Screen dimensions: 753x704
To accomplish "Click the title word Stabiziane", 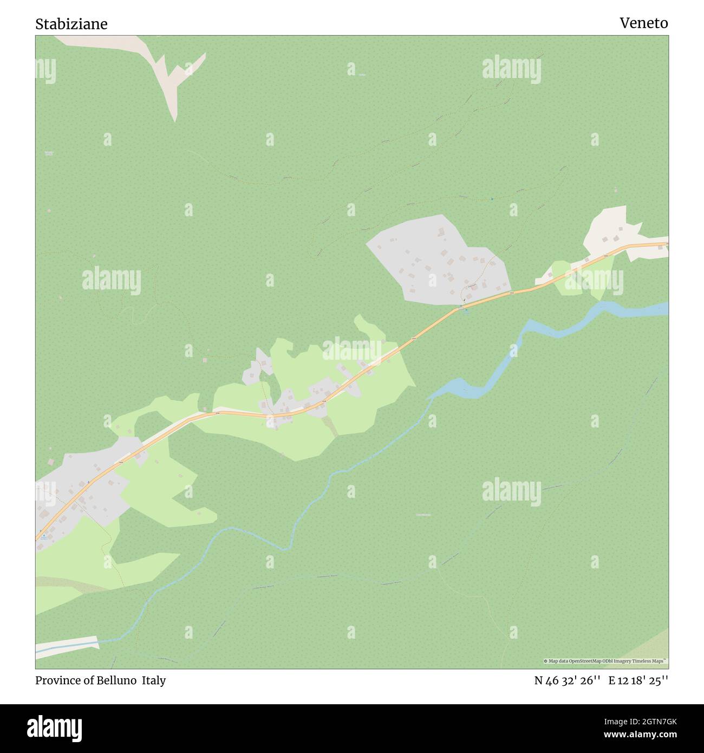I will coord(71,24).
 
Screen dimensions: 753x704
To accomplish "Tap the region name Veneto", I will coord(644,23).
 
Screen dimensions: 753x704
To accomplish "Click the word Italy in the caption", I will coord(154,680).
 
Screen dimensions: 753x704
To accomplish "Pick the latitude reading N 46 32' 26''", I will coord(567,681).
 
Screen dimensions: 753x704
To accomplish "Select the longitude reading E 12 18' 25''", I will coord(638,681).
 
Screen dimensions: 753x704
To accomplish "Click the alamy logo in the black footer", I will coord(55,727).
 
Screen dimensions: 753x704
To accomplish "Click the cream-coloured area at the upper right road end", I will coord(612,230).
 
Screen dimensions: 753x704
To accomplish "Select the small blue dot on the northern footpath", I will coord(492,199).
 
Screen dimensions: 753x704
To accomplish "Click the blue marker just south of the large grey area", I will coord(465,310).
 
